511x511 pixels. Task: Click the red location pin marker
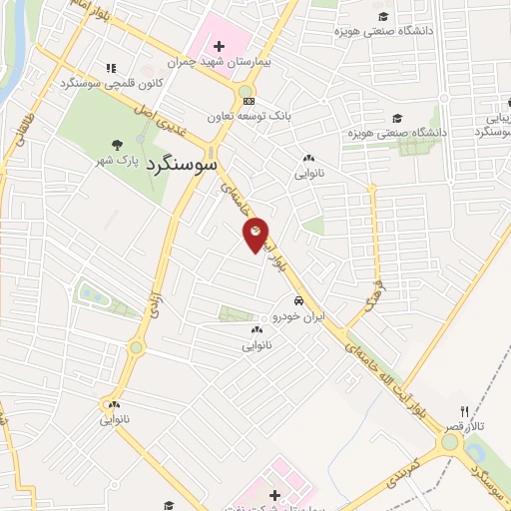pyautogui.click(x=255, y=234)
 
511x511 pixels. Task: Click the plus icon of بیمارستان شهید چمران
pyautogui.click(x=219, y=45)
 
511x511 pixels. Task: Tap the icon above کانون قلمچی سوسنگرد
pyautogui.click(x=111, y=68)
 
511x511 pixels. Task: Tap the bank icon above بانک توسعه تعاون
pyautogui.click(x=249, y=101)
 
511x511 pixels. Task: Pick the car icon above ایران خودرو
pyautogui.click(x=297, y=299)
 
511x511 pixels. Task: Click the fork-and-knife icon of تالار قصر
pyautogui.click(x=464, y=411)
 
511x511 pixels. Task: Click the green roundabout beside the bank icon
pyautogui.click(x=245, y=94)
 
